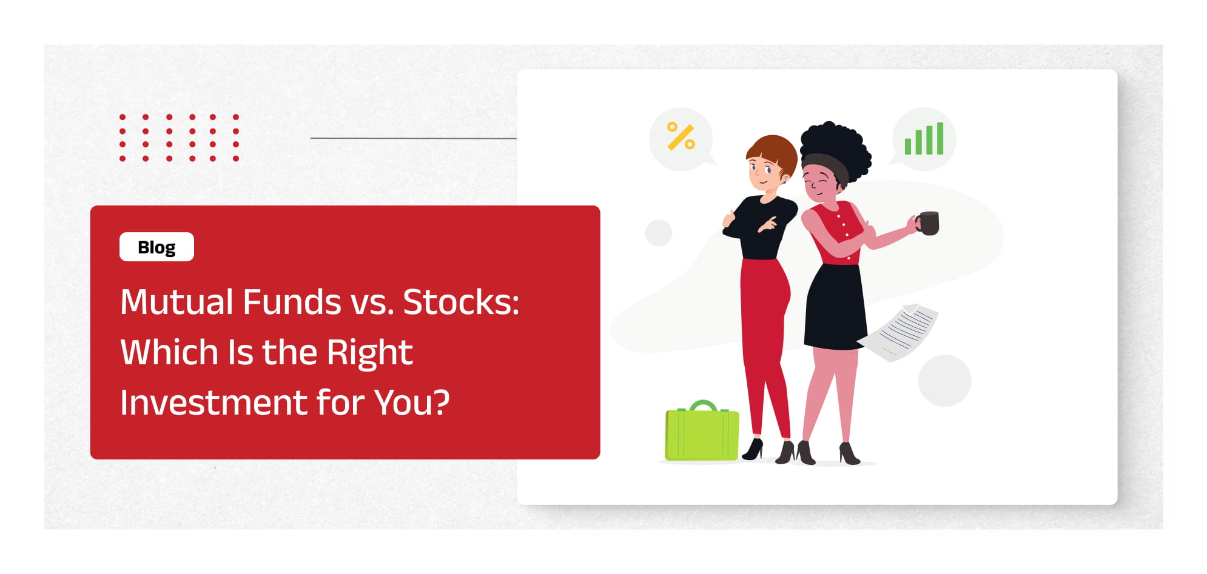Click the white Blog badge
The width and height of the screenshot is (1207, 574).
156,247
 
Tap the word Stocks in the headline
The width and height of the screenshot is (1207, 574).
461,302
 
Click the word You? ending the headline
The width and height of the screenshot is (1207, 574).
412,402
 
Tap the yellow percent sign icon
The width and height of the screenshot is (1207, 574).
681,136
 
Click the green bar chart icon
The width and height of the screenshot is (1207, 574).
924,139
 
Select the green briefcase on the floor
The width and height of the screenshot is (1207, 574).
702,431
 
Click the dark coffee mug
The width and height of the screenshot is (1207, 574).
929,223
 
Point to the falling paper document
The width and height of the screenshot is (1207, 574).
899,333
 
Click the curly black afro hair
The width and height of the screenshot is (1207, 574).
836,149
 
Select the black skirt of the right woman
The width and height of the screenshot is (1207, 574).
835,307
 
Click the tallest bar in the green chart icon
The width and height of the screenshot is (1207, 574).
940,139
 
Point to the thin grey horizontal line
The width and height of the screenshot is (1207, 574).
413,138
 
